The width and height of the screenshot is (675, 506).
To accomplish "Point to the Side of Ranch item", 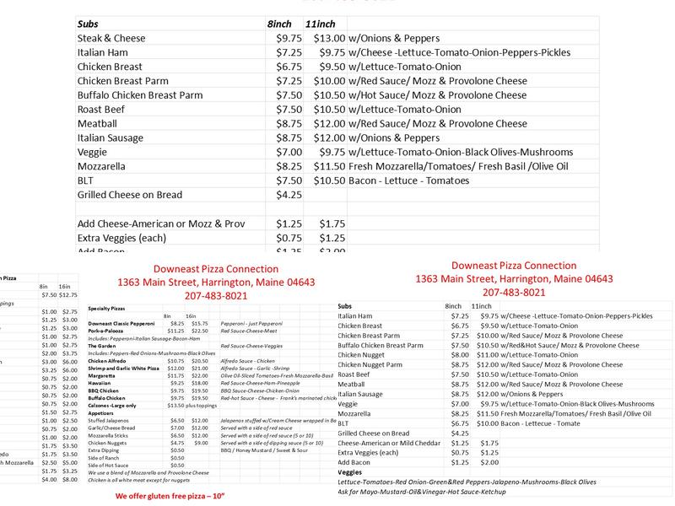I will click(105, 457).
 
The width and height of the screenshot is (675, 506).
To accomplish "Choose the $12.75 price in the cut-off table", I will click(68, 294).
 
